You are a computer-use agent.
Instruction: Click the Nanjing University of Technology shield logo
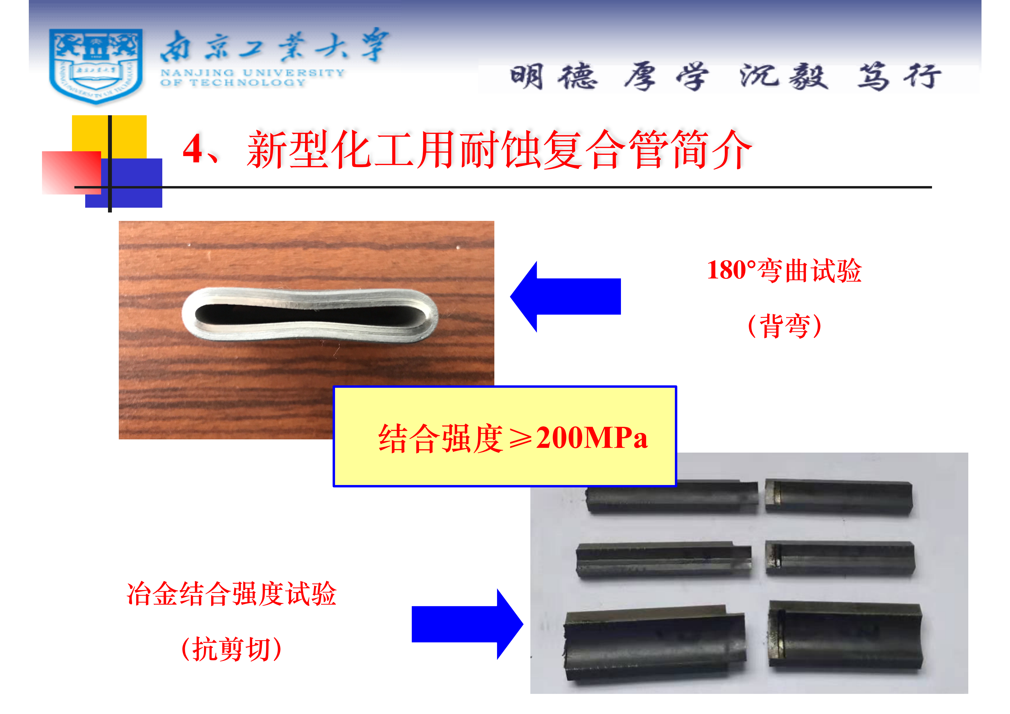96,66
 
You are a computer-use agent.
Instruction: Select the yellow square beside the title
109,137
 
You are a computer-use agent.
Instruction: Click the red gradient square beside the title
71,173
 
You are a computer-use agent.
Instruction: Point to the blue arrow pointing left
565,296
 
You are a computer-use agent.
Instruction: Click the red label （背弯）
785,326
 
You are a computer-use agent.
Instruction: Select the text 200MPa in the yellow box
592,438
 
